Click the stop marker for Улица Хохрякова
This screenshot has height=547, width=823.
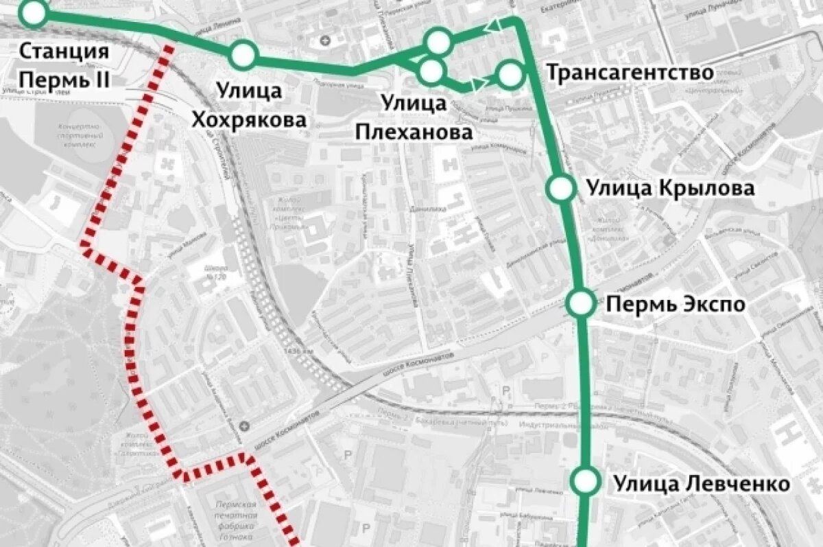[x=243, y=54]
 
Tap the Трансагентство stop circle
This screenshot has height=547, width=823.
[x=510, y=74]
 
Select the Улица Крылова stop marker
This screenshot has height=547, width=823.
[x=560, y=187]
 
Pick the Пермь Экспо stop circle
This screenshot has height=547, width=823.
[x=581, y=303]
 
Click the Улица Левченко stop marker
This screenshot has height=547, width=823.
[x=585, y=480]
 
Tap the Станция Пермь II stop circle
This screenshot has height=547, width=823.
[x=32, y=12]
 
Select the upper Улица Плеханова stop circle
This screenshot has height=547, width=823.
[x=438, y=42]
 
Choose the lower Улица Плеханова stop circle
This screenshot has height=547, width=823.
[x=431, y=71]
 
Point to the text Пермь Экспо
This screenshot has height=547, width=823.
[x=675, y=303]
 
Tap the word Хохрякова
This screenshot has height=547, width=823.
[x=249, y=121]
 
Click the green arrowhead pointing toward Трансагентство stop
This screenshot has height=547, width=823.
[x=479, y=84]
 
